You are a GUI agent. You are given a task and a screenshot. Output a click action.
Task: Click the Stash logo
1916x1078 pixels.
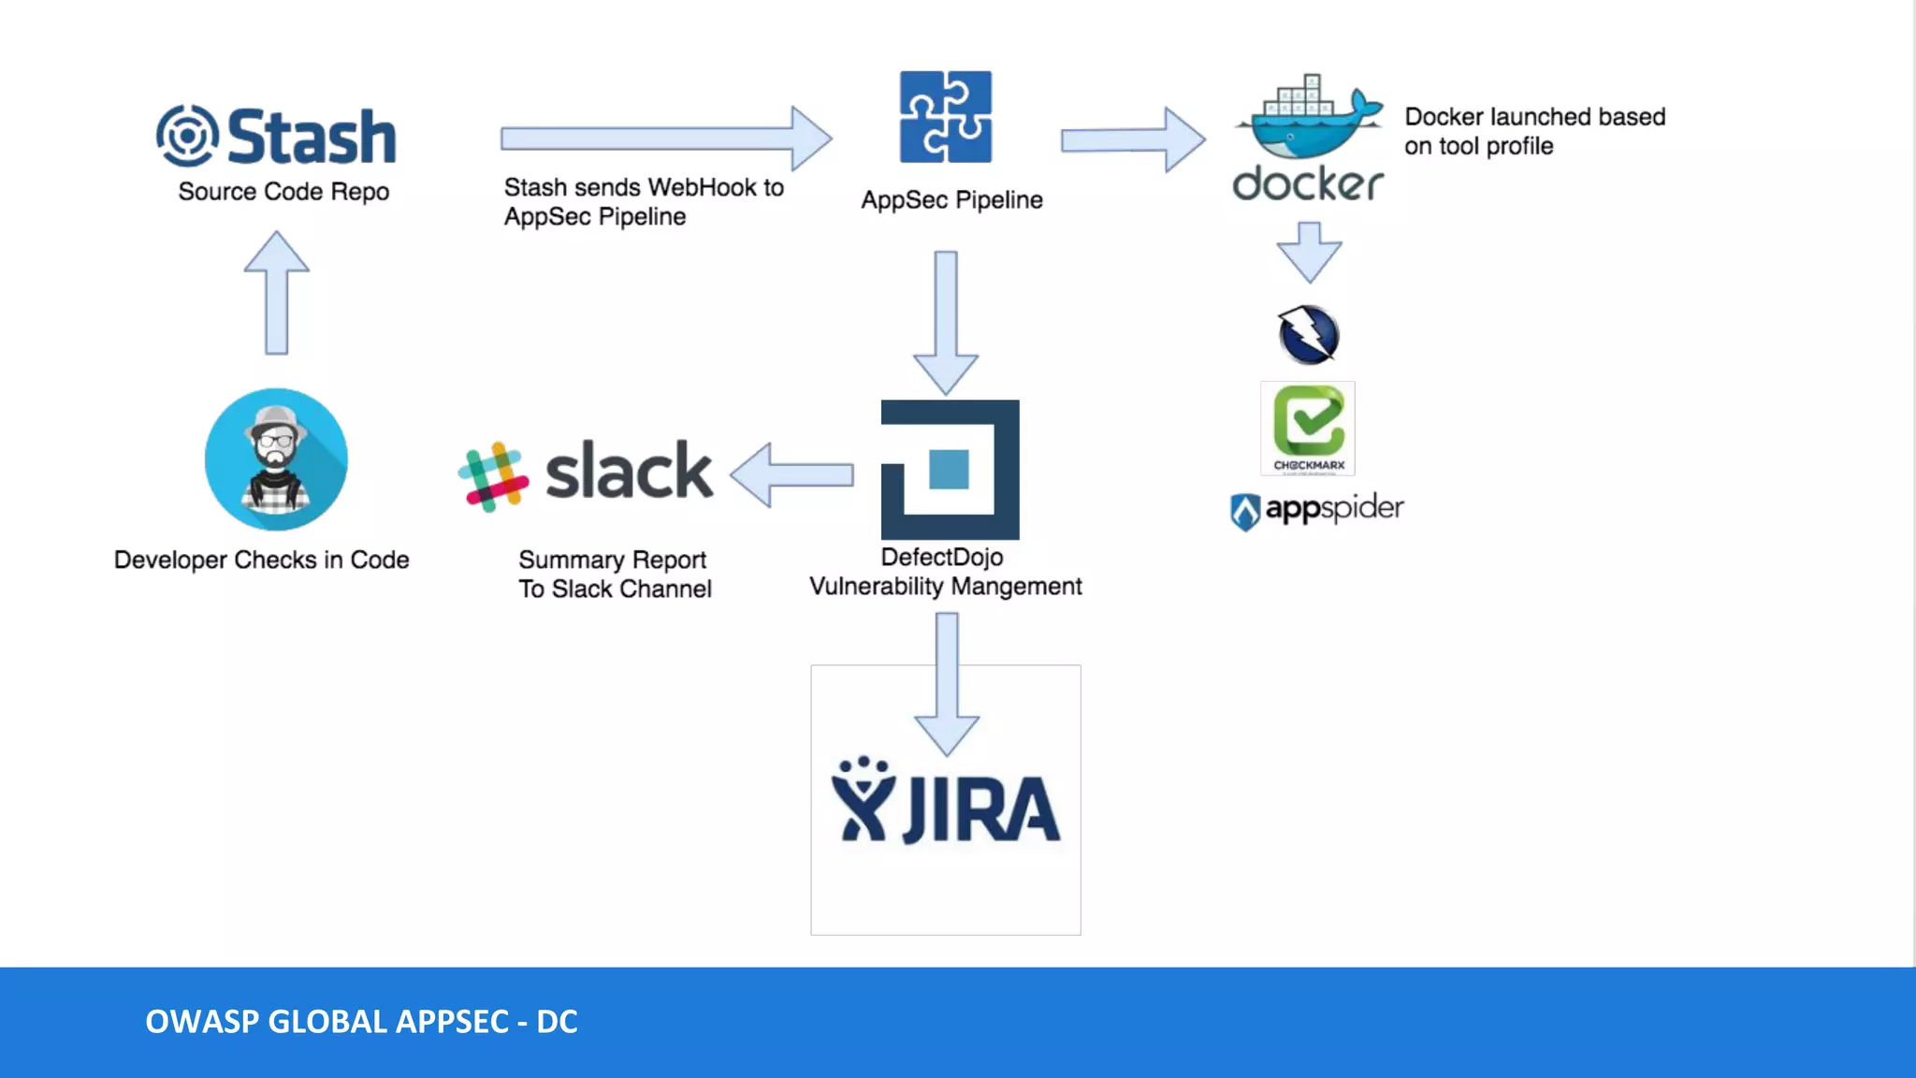click(x=276, y=137)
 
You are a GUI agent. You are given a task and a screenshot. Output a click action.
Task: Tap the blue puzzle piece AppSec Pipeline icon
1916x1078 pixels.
click(x=946, y=117)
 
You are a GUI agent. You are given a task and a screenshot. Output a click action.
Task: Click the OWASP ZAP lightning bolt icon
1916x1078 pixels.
click(x=1308, y=335)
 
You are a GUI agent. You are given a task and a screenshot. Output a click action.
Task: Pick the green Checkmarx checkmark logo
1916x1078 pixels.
click(x=1308, y=427)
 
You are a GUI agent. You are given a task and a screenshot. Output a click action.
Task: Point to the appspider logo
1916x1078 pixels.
click(x=1316, y=510)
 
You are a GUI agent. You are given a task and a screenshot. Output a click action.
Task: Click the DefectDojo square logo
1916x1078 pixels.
click(x=950, y=470)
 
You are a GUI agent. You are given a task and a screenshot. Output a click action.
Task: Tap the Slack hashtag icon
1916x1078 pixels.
click(x=493, y=476)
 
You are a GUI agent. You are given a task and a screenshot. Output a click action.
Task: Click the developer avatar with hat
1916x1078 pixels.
click(x=276, y=459)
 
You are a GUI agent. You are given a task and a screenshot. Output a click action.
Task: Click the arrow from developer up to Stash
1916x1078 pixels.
click(x=276, y=294)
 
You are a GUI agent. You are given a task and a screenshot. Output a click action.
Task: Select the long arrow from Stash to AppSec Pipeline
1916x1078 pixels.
click(x=665, y=138)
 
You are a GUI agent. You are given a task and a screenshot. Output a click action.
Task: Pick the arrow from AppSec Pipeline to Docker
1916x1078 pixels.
click(x=1132, y=139)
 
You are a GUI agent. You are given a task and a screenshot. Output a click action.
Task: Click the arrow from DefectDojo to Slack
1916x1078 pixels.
click(x=792, y=475)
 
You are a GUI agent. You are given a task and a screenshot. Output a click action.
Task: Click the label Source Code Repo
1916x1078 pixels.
click(x=283, y=192)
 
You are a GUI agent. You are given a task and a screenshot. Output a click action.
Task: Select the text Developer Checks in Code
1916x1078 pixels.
click(x=262, y=560)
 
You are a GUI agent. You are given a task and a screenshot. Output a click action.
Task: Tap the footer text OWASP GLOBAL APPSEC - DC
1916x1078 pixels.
click(x=361, y=1022)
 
